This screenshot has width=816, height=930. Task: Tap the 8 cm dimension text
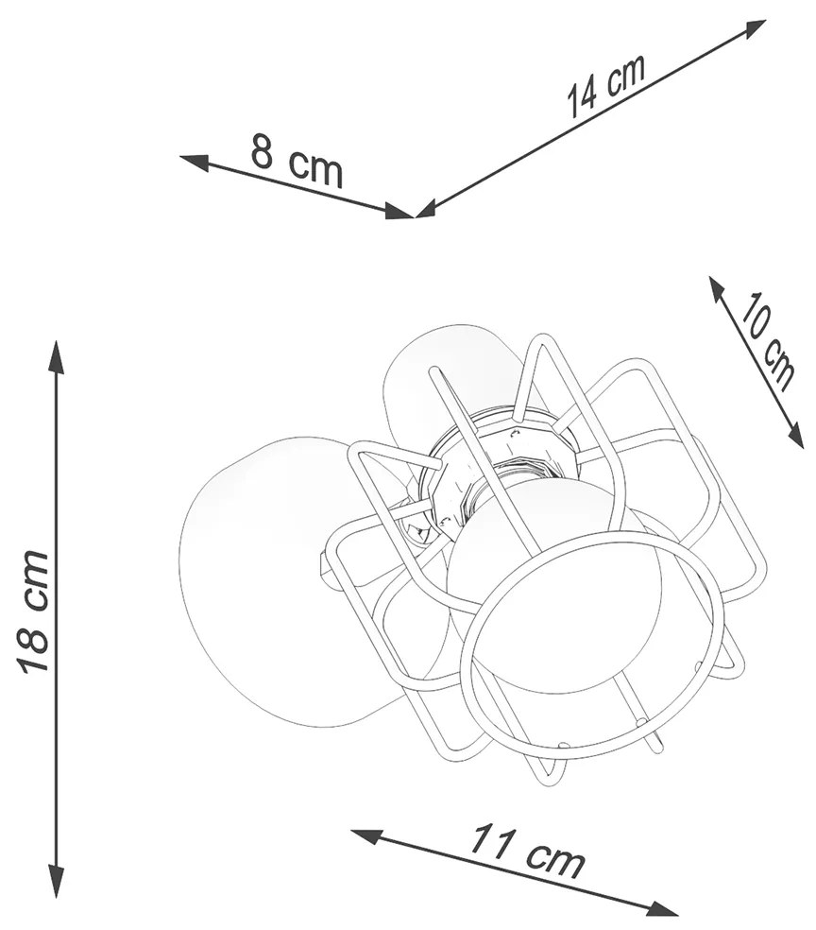click(x=297, y=160)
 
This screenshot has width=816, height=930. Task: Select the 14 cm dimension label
click(x=605, y=87)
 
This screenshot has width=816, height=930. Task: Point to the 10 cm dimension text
click(x=766, y=341)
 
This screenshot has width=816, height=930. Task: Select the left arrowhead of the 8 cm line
click(x=195, y=162)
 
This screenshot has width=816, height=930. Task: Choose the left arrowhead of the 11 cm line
click(x=367, y=836)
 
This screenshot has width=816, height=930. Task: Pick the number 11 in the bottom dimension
click(x=490, y=841)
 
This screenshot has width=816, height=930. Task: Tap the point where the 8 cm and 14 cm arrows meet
click(x=415, y=215)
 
